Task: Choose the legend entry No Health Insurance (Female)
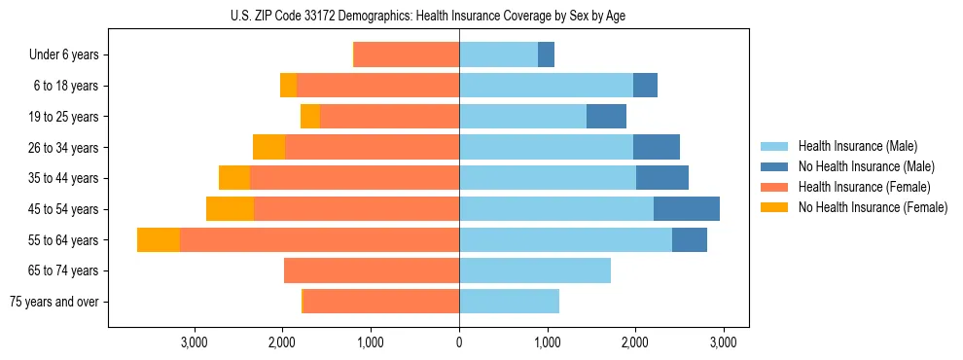(873, 207)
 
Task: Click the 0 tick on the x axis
(459, 342)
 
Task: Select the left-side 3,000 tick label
(195, 342)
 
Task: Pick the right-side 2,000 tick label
(634, 342)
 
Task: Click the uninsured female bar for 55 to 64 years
(159, 239)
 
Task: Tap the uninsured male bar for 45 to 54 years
(687, 209)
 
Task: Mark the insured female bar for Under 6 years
(407, 55)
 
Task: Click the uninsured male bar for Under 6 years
(546, 55)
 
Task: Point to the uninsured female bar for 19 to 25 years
(310, 117)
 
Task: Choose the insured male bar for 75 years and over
(509, 302)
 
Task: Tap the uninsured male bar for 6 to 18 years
(645, 86)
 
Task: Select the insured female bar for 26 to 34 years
(372, 148)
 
